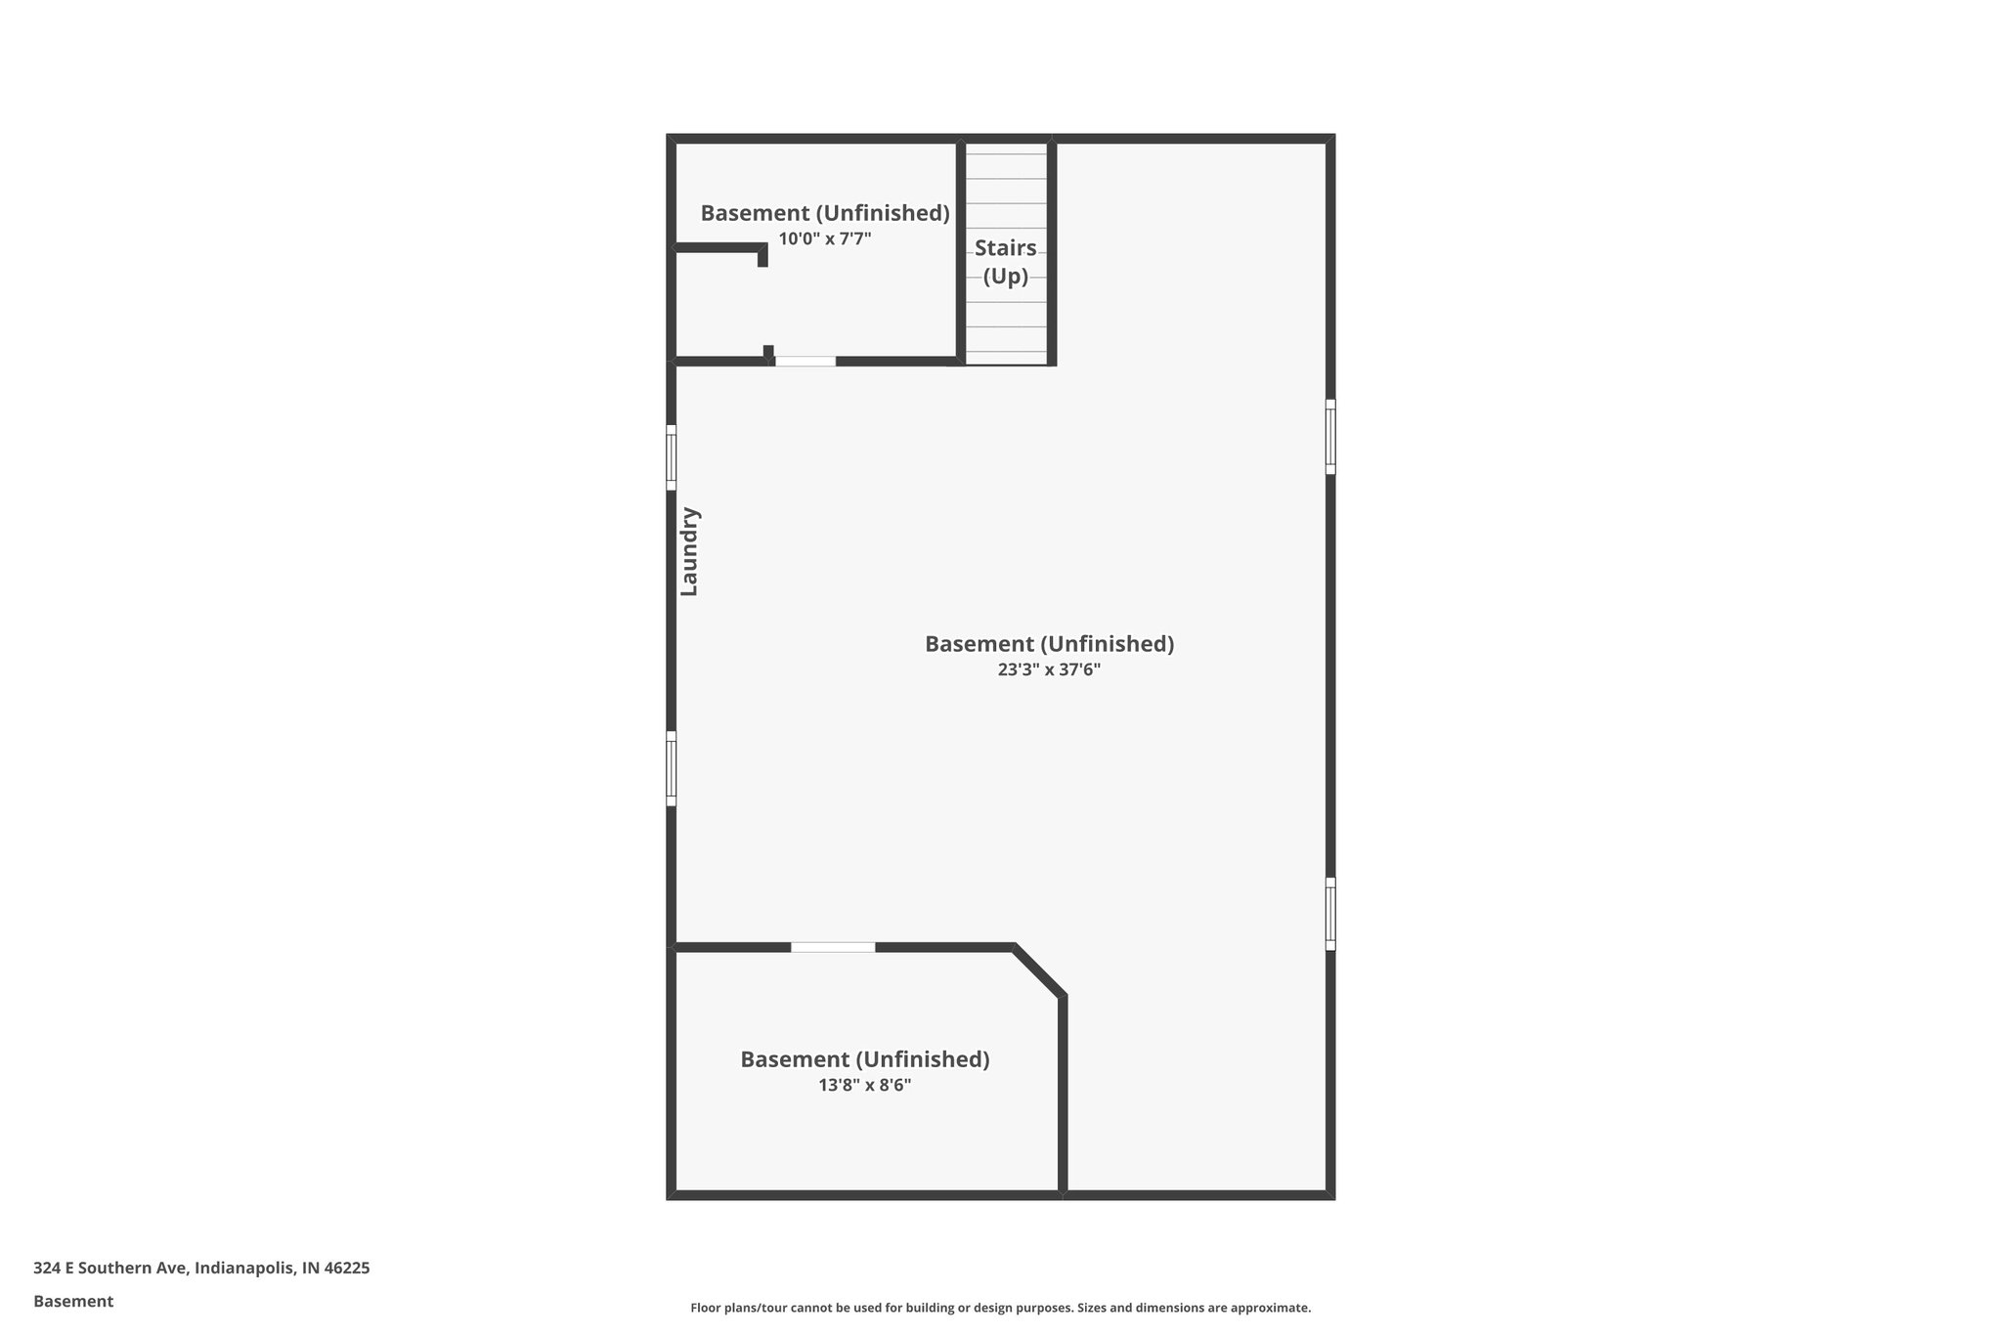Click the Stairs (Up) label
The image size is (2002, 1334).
[1005, 262]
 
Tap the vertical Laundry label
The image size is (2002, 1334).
[689, 551]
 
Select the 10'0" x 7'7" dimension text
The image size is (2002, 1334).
[824, 238]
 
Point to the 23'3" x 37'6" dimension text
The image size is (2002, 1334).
[1049, 669]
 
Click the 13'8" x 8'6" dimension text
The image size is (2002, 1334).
[864, 1085]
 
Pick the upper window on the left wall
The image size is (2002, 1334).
[671, 457]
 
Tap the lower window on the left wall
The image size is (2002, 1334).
[671, 768]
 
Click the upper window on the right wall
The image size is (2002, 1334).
[1330, 436]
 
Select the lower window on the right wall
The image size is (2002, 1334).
[1330, 914]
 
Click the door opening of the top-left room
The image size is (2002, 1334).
[805, 362]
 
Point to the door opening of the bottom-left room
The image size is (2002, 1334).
[833, 947]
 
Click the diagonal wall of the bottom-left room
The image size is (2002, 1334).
[1038, 971]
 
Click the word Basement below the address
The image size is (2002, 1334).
[73, 1302]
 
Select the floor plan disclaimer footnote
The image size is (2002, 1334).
[1000, 1308]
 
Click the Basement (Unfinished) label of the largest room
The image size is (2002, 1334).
[1049, 644]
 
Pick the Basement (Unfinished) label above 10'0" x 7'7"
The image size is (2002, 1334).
[824, 213]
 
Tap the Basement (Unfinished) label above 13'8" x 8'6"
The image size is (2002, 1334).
[864, 1059]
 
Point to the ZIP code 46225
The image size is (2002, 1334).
[347, 1269]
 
